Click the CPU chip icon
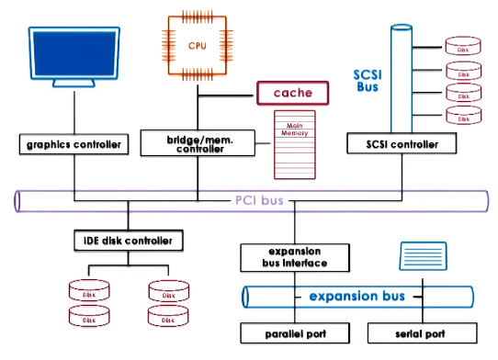(x=198, y=43)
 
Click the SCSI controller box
(x=401, y=144)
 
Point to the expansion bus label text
(x=357, y=297)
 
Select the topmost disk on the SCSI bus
(x=463, y=46)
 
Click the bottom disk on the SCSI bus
(x=463, y=116)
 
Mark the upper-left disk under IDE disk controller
(x=89, y=293)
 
